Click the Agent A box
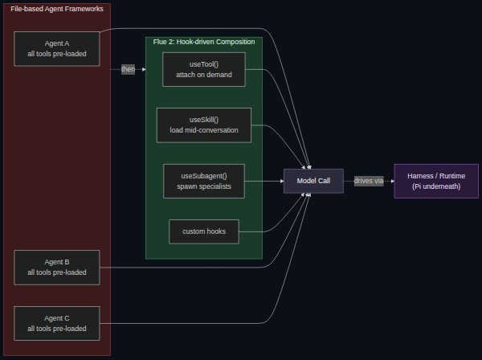click(57, 49)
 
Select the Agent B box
click(57, 268)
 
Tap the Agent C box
click(57, 323)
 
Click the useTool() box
click(204, 69)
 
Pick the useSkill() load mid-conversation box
click(204, 125)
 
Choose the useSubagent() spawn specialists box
click(204, 181)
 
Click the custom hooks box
click(204, 231)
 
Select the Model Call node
click(313, 181)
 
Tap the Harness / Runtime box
click(436, 181)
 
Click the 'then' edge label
click(128, 69)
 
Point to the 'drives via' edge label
click(369, 181)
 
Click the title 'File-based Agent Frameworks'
click(57, 9)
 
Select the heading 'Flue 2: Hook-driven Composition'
click(204, 42)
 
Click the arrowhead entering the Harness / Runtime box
click(393, 181)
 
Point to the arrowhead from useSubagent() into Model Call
click(282, 181)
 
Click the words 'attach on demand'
click(204, 75)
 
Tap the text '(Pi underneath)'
click(436, 186)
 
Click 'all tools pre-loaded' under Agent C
click(57, 329)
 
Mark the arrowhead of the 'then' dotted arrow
click(144, 69)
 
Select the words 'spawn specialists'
click(204, 186)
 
